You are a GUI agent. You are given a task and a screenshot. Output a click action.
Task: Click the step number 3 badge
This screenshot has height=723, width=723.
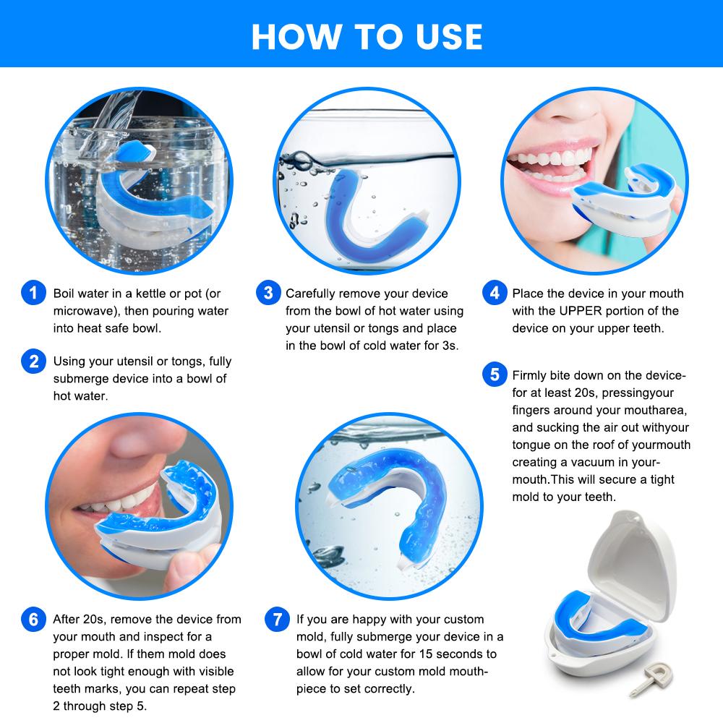pos(268,294)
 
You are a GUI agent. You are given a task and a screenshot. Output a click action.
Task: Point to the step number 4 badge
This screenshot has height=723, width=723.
pos(495,294)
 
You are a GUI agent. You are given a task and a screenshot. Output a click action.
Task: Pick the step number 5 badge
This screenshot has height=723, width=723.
pos(495,375)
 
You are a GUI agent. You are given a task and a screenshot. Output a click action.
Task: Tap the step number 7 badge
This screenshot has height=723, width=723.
pos(277,620)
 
